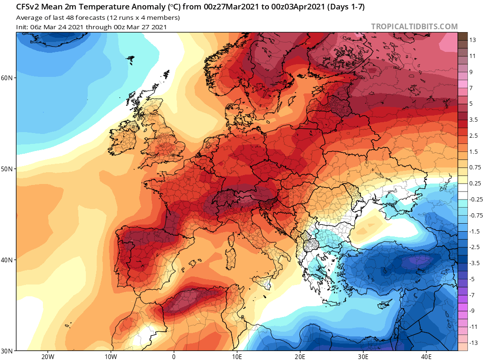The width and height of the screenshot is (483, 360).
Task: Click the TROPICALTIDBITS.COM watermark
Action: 414,27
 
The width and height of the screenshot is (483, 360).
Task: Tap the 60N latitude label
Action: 7,78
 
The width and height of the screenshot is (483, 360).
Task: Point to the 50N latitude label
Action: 7,169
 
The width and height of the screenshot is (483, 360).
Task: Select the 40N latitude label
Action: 7,260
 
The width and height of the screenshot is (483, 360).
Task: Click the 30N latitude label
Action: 7,351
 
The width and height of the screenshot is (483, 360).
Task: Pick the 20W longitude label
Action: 48,357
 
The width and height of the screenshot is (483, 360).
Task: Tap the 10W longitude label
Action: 111,357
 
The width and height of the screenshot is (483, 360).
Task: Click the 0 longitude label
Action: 174,357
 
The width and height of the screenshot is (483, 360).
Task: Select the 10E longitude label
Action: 237,357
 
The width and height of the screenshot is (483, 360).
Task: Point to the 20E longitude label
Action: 300,357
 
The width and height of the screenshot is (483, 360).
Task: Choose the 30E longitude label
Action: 363,357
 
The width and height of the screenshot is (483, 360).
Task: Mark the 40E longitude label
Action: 426,357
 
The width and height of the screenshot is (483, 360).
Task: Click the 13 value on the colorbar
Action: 473,40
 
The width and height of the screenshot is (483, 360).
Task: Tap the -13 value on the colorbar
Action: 474,343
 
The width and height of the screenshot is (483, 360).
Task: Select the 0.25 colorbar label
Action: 475,184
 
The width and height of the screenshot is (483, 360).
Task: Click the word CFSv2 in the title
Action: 27,7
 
